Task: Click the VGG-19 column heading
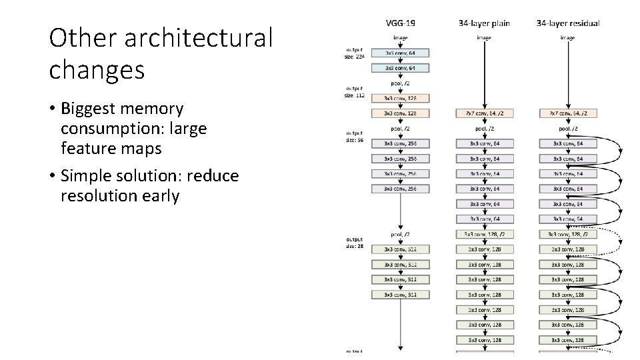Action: point(400,23)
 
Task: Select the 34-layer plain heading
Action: point(484,23)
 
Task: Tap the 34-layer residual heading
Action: point(567,23)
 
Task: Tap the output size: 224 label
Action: point(355,53)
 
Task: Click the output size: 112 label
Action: point(355,91)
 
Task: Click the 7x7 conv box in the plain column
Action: point(484,113)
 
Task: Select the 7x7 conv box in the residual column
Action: point(567,113)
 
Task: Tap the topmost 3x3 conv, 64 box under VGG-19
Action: point(400,52)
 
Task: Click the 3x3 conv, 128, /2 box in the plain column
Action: point(484,234)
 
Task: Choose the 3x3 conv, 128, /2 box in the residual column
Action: point(567,234)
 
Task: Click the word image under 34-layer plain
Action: point(484,38)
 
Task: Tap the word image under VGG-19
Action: point(400,38)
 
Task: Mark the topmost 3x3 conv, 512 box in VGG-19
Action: point(400,249)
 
